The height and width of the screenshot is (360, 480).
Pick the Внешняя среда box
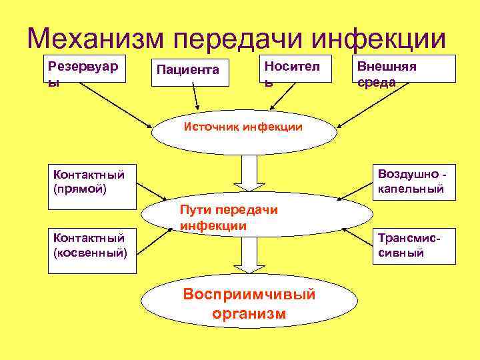(x=405, y=68)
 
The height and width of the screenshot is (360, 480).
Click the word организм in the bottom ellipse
(x=249, y=313)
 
